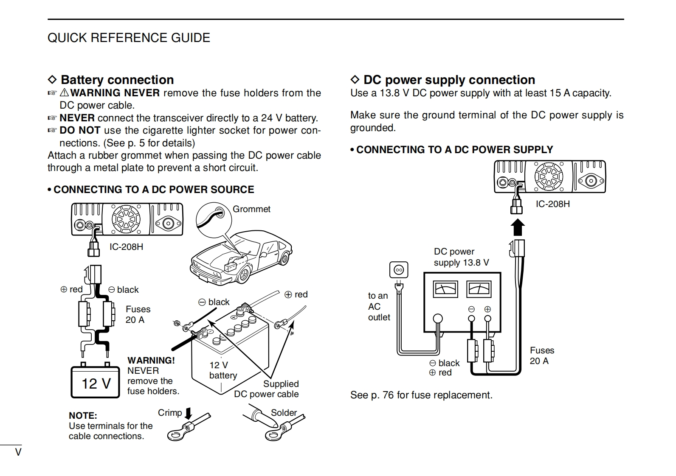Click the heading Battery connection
(x=117, y=80)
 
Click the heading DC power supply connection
(x=449, y=80)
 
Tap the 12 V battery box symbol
(x=95, y=382)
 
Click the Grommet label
(x=251, y=209)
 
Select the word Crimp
(x=170, y=413)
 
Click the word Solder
(x=284, y=413)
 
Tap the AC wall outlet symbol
(x=399, y=269)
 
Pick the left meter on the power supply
(x=445, y=289)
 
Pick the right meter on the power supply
(x=479, y=289)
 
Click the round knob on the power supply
(x=437, y=319)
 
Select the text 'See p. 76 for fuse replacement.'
(x=421, y=395)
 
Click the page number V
(x=18, y=452)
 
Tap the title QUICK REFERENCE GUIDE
(x=129, y=38)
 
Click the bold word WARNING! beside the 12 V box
(x=151, y=361)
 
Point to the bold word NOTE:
(x=83, y=416)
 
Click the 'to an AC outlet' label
(x=378, y=306)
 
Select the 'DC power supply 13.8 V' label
(x=461, y=257)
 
